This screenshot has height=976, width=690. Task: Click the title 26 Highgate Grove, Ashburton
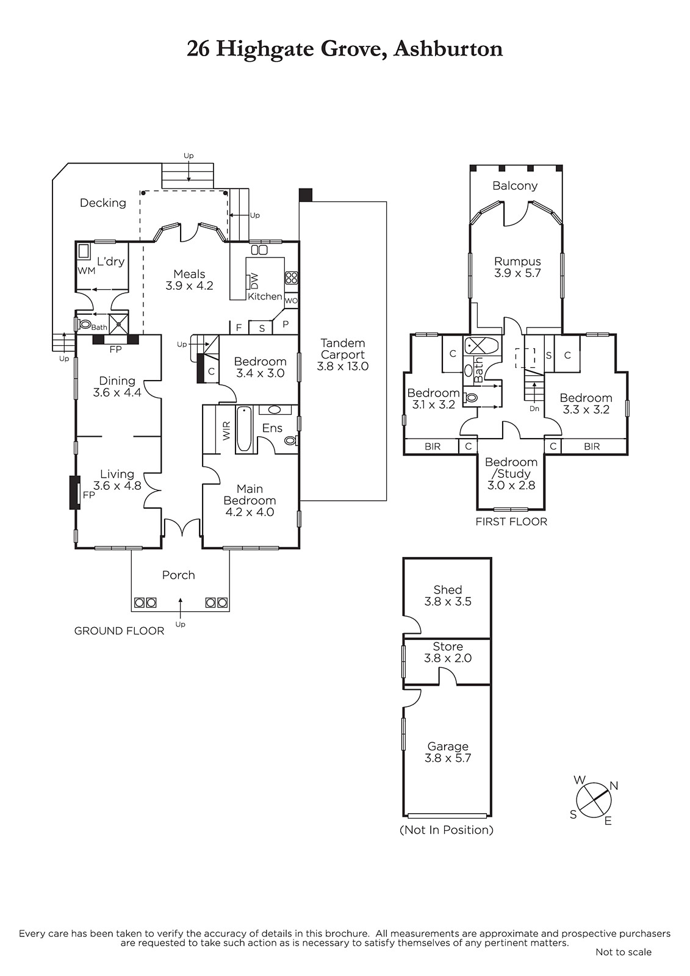pyautogui.click(x=345, y=49)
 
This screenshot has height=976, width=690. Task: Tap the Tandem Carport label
pyautogui.click(x=343, y=354)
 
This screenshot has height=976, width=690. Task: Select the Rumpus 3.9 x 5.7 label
pyautogui.click(x=517, y=268)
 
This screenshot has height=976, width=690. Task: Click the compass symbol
pyautogui.click(x=592, y=800)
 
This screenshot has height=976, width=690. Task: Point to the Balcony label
pyautogui.click(x=515, y=186)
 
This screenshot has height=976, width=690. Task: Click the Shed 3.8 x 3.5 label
pyautogui.click(x=448, y=595)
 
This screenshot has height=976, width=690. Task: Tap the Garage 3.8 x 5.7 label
pyautogui.click(x=448, y=752)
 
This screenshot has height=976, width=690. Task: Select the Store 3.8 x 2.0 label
pyautogui.click(x=448, y=652)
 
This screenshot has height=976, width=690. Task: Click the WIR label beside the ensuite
pyautogui.click(x=226, y=430)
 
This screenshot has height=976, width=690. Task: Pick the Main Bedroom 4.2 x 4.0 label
pyautogui.click(x=250, y=500)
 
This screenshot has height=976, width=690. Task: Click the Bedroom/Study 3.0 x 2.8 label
pyautogui.click(x=511, y=473)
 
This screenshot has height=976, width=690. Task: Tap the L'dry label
pyautogui.click(x=110, y=262)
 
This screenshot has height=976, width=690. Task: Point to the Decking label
pyautogui.click(x=103, y=203)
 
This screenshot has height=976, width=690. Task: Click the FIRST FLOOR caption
pyautogui.click(x=511, y=522)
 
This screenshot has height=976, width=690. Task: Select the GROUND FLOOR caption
pyautogui.click(x=119, y=631)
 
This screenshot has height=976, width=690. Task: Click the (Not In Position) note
pyautogui.click(x=447, y=830)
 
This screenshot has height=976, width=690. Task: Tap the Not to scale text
pyautogui.click(x=623, y=952)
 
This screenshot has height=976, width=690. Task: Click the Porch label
pyautogui.click(x=178, y=575)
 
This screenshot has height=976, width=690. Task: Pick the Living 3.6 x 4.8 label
pyautogui.click(x=117, y=479)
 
